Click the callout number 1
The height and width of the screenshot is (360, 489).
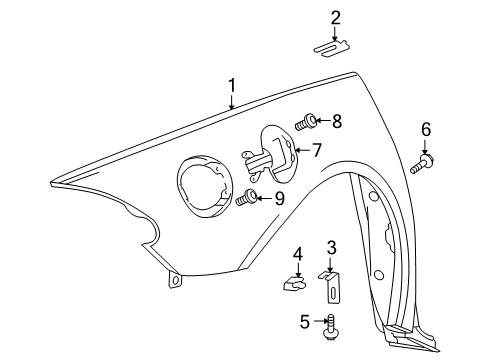pyautogui.click(x=232, y=86)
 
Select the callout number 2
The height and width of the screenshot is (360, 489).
pyautogui.click(x=336, y=17)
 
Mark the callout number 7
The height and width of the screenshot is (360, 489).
pyautogui.click(x=316, y=150)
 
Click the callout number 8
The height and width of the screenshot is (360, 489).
pyautogui.click(x=336, y=122)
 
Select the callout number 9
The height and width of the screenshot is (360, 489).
pyautogui.click(x=279, y=198)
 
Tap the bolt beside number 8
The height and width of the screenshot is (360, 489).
pyautogui.click(x=308, y=123)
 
